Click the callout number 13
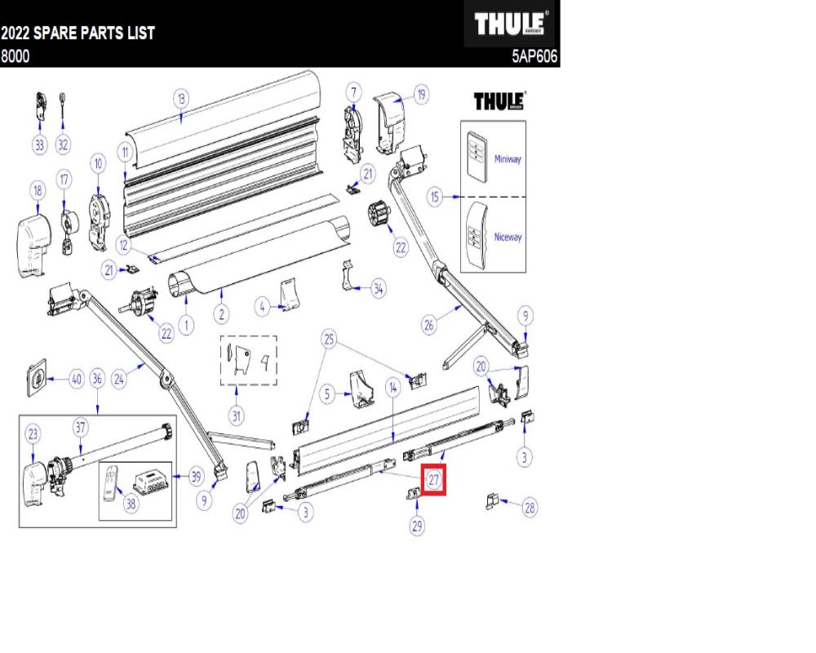(x=181, y=98)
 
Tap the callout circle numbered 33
(x=39, y=144)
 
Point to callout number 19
(x=421, y=95)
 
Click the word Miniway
(x=507, y=159)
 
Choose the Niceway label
(x=507, y=237)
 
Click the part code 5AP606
(x=534, y=57)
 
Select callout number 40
(x=76, y=379)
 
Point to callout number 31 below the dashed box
(x=236, y=416)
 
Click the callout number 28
(x=530, y=508)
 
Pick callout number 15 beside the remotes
(x=437, y=198)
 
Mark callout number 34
(x=379, y=287)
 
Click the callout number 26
(x=429, y=326)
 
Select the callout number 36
(x=98, y=379)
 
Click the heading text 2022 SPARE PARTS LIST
(x=78, y=36)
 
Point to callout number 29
(x=417, y=526)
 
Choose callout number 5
(x=327, y=395)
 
